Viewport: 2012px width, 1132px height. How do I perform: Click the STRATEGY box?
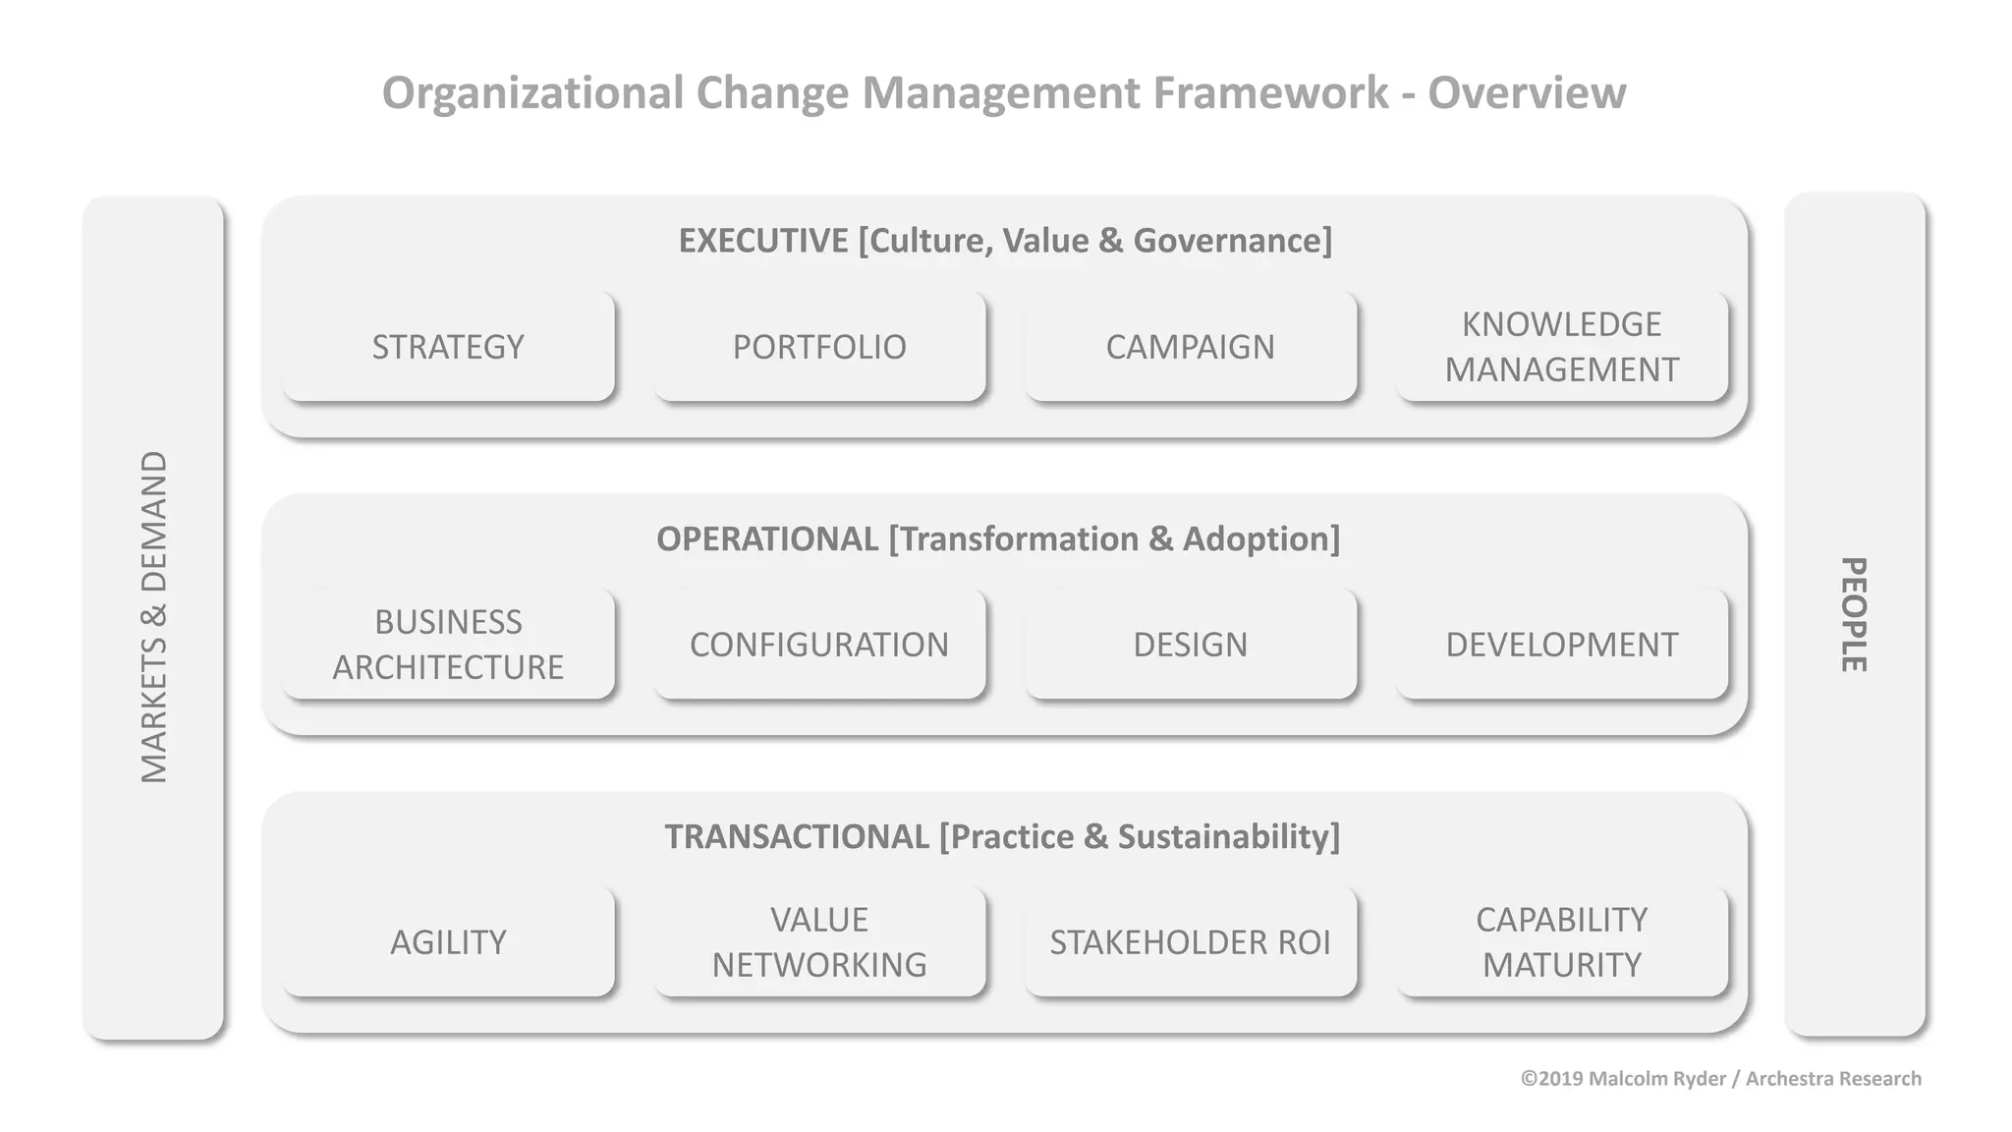(x=448, y=347)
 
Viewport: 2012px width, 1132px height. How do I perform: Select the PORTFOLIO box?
(x=819, y=347)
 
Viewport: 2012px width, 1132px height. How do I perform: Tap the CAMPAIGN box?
(x=1190, y=347)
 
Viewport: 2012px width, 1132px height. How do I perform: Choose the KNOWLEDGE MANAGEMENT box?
(x=1561, y=347)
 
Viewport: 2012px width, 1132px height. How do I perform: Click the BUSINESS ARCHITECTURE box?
(x=448, y=645)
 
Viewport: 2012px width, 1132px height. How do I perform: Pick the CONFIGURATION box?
(x=819, y=645)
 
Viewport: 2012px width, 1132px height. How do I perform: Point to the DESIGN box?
(x=1190, y=645)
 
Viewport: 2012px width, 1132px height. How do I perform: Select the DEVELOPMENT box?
(x=1561, y=645)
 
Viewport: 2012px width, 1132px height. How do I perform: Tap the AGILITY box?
(x=448, y=942)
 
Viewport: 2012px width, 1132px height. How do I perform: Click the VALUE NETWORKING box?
(x=819, y=942)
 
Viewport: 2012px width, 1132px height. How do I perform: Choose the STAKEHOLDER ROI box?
(x=1190, y=942)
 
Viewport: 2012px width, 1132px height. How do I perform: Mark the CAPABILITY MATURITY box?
(x=1561, y=942)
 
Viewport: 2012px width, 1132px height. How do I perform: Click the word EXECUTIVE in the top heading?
(x=763, y=241)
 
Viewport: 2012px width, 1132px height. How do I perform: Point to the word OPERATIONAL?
(x=767, y=539)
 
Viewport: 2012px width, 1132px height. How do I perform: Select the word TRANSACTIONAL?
(x=797, y=837)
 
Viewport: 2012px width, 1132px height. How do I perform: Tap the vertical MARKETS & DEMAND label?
(x=154, y=617)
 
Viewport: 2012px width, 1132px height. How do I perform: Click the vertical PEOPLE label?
(x=1853, y=615)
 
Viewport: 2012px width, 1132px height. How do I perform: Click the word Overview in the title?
(x=1527, y=93)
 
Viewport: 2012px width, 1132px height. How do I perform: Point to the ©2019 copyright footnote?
(x=1720, y=1079)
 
